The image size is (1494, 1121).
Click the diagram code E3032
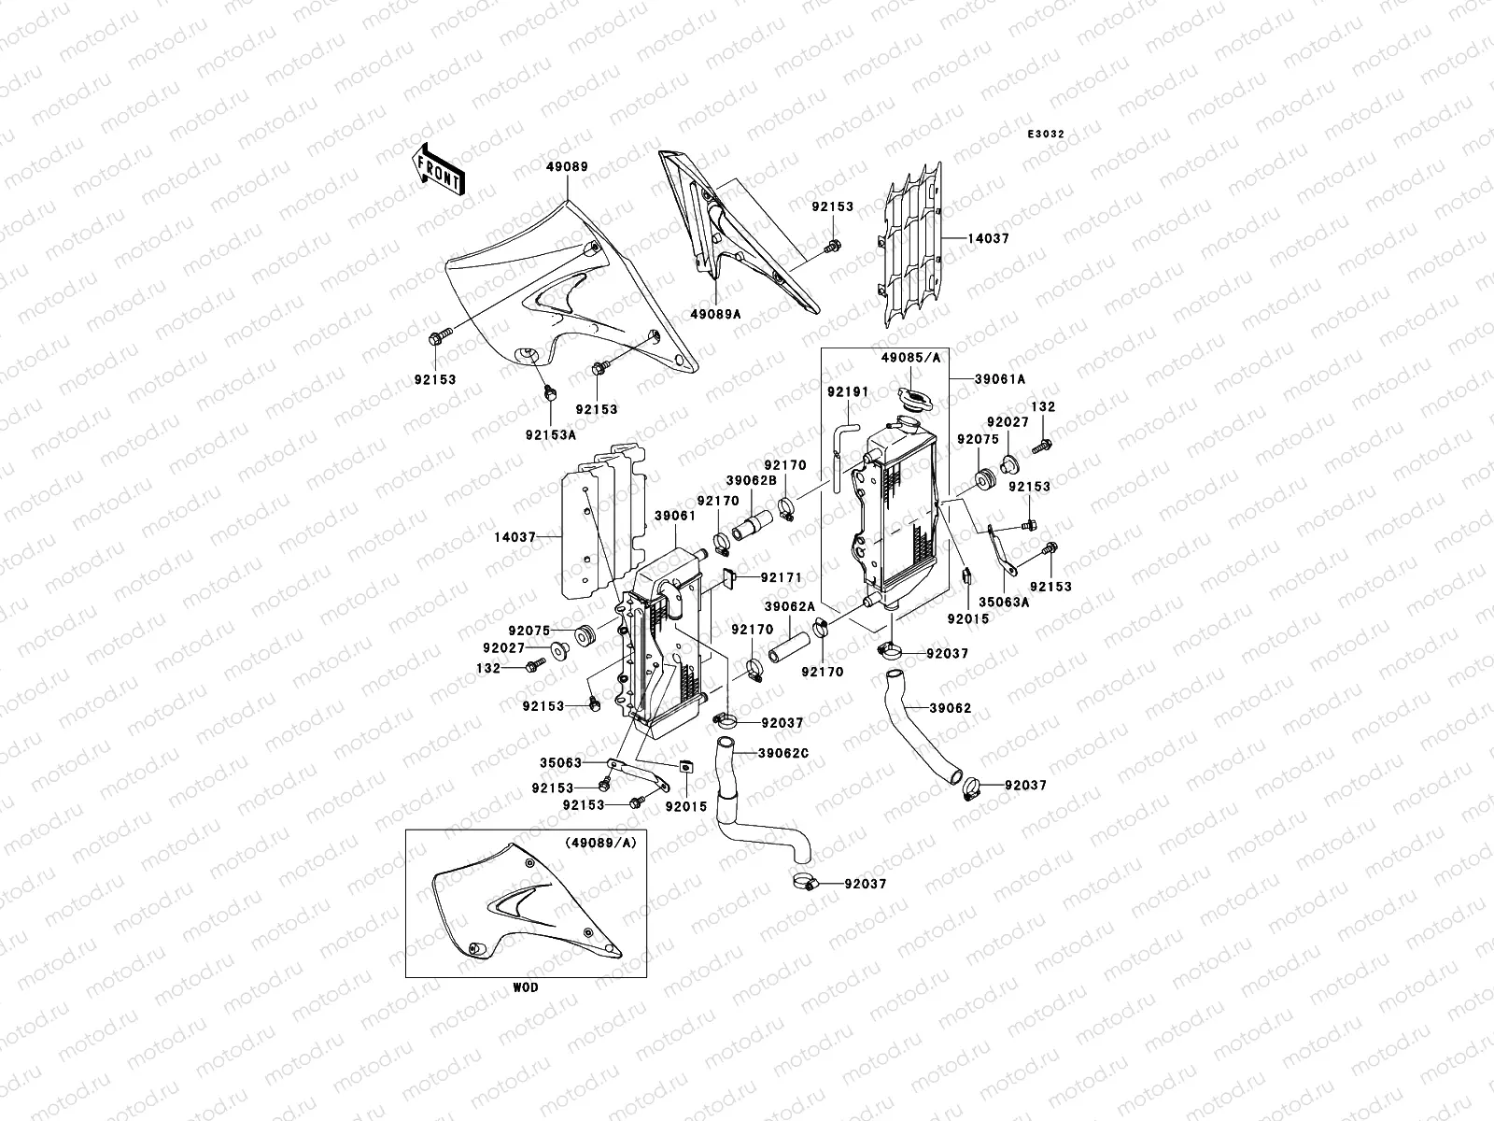point(1047,135)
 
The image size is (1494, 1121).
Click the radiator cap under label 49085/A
point(911,399)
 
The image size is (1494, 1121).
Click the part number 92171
point(781,578)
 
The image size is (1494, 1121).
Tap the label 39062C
point(783,753)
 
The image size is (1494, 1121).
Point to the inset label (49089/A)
point(599,842)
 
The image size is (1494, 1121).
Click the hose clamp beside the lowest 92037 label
point(806,880)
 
